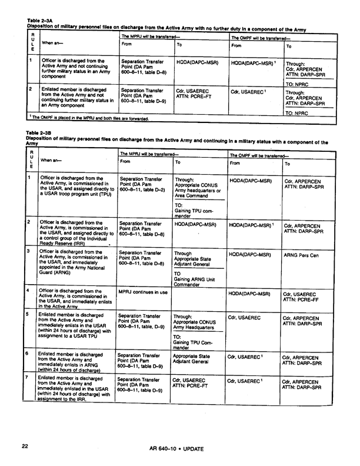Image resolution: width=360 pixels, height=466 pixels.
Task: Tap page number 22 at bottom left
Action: (25, 447)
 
